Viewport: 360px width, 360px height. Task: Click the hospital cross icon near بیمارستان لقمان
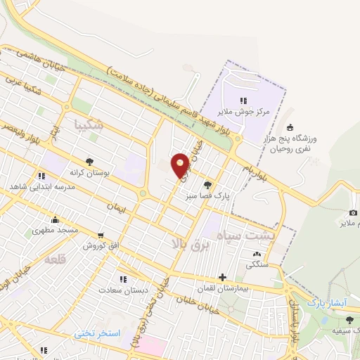tap(223, 278)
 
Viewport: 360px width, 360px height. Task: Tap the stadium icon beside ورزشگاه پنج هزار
tap(290, 128)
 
